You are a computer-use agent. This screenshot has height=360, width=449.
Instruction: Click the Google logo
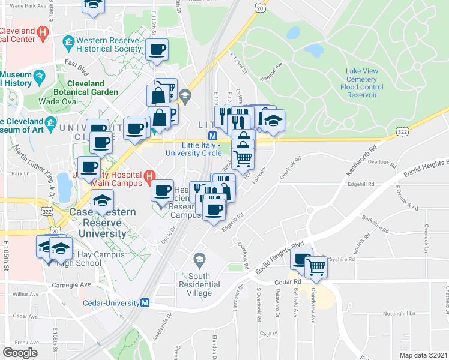[x=20, y=353]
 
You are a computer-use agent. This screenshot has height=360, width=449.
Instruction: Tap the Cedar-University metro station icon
[x=145, y=304]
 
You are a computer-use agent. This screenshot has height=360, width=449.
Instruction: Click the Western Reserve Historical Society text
[x=107, y=45]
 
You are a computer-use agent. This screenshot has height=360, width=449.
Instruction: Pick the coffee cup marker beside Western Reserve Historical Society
[x=157, y=49]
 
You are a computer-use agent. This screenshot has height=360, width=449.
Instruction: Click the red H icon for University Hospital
[x=150, y=177]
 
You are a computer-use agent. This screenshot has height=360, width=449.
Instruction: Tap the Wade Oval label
[x=55, y=101]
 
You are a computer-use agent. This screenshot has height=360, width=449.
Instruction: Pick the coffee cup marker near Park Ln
[x=89, y=167]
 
